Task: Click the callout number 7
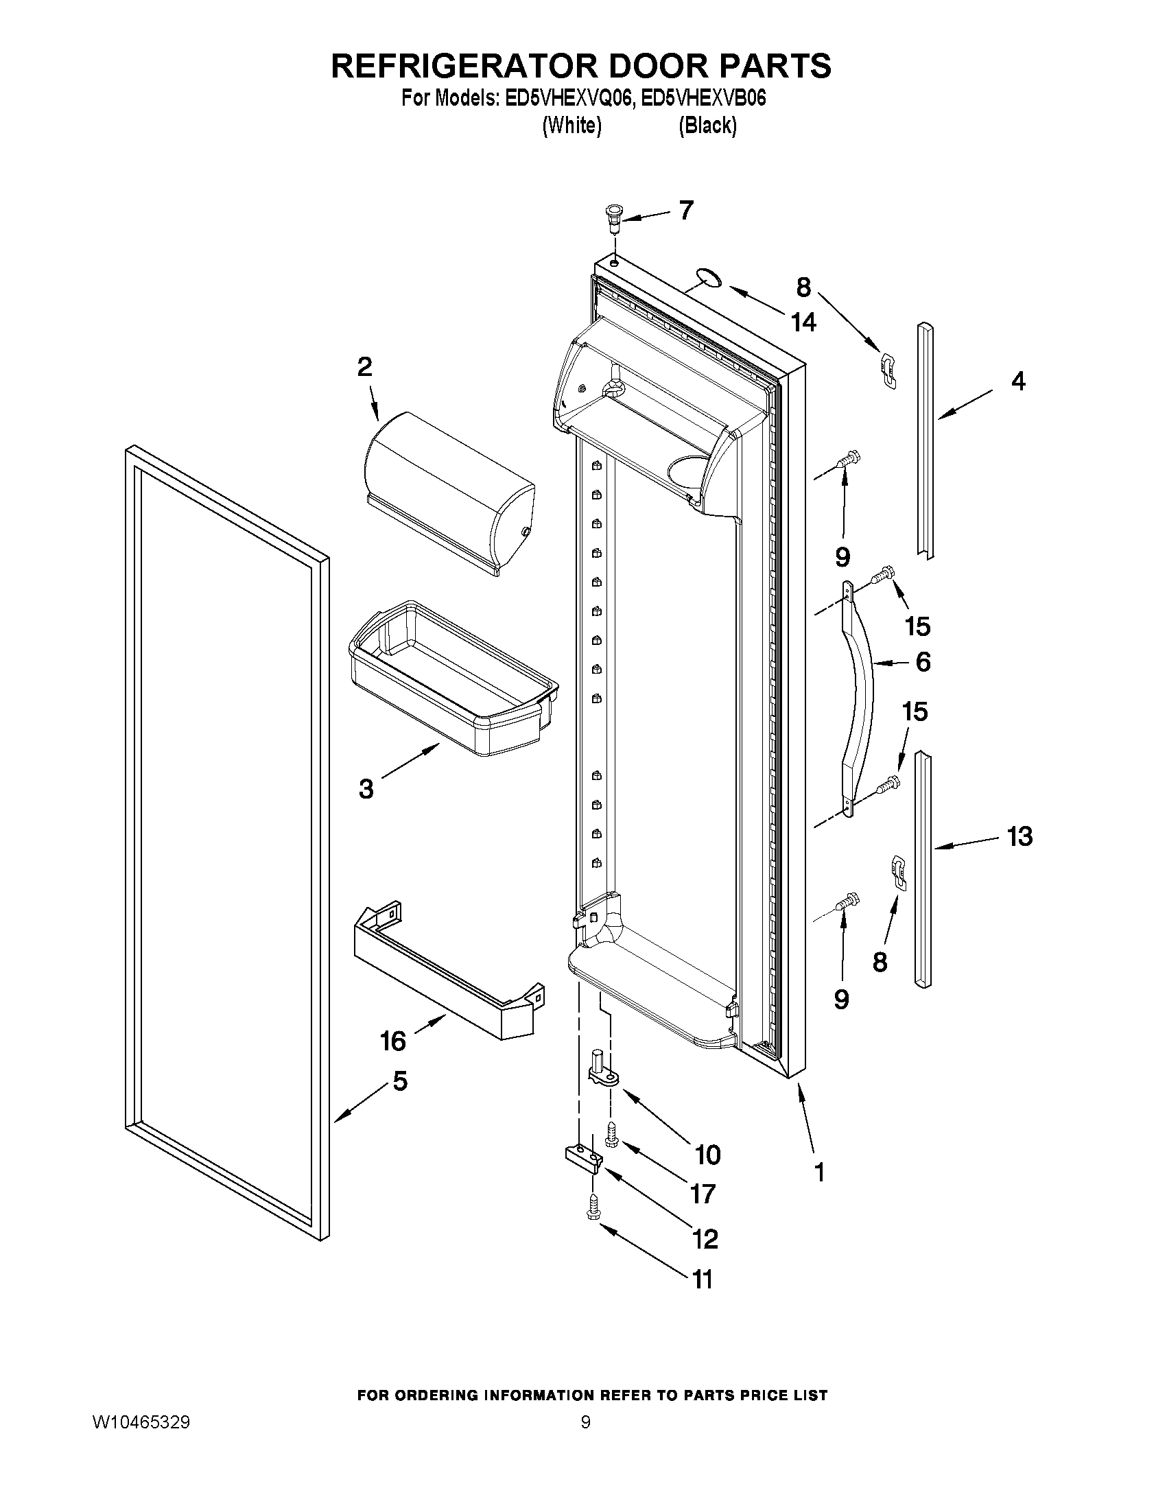685,210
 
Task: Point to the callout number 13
1019,836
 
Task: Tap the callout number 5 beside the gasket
399,1081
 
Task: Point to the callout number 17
703,1193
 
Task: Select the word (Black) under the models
707,126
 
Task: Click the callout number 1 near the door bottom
820,1172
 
